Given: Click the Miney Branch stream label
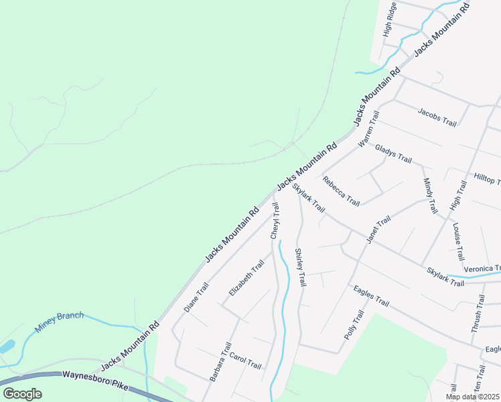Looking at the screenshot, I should pos(59,322).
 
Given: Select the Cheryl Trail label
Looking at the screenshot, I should pos(275,220).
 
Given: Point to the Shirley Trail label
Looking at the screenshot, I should pos(300,268).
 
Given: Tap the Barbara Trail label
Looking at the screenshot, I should pos(220,362).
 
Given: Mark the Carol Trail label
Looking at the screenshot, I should pos(245,362).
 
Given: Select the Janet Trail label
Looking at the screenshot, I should pos(378,230).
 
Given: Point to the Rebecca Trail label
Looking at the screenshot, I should pos(341,192).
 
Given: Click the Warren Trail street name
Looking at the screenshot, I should pos(368,129).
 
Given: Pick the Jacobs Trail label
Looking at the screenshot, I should pos(437,117).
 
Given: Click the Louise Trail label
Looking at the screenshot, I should pos(458,242).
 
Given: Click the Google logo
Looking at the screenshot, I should pos(22,394).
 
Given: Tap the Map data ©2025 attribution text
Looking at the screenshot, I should pos(472,397).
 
